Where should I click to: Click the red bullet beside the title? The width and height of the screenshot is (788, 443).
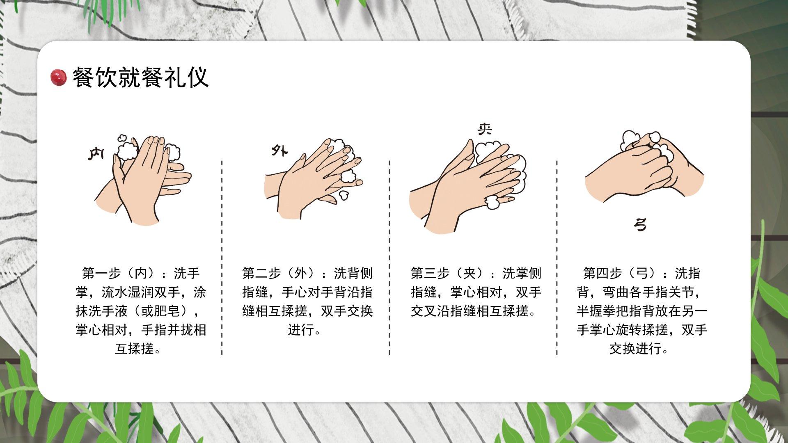[58, 78]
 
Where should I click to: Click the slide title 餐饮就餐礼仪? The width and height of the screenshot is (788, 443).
[141, 78]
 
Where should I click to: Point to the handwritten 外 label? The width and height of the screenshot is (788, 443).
[279, 151]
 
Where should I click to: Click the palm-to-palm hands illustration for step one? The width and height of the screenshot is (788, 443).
[143, 179]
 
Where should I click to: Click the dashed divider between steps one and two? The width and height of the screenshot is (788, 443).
[222, 258]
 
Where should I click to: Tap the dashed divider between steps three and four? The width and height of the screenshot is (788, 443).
[557, 258]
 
